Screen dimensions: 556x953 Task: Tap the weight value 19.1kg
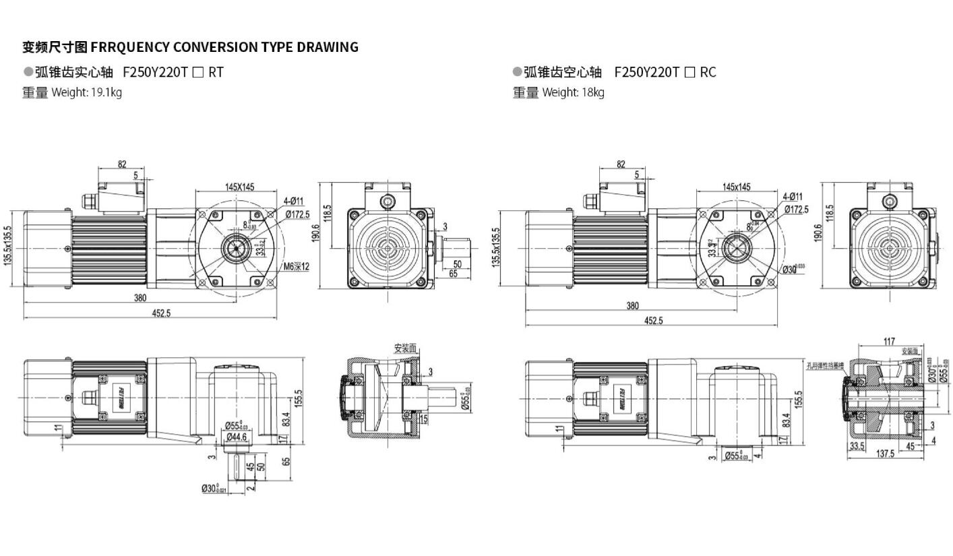106,92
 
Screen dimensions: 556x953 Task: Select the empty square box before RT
197,73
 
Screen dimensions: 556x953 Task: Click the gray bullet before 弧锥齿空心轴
517,71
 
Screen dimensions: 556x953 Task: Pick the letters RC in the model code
708,72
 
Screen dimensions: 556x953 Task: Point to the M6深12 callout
296,267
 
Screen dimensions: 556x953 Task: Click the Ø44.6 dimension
236,437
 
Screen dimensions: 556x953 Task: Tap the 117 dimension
889,342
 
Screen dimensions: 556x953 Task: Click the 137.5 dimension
886,454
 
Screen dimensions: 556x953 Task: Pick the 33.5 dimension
857,447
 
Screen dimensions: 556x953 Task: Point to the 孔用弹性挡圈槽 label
825,366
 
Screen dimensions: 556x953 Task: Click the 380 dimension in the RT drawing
140,298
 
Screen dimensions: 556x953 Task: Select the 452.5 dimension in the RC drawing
653,321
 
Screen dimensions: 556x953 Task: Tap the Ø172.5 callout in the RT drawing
297,214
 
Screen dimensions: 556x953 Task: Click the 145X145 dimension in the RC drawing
736,187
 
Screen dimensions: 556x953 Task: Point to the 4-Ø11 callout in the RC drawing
792,197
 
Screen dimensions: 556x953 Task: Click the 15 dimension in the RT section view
423,419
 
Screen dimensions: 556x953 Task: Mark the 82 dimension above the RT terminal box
122,164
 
